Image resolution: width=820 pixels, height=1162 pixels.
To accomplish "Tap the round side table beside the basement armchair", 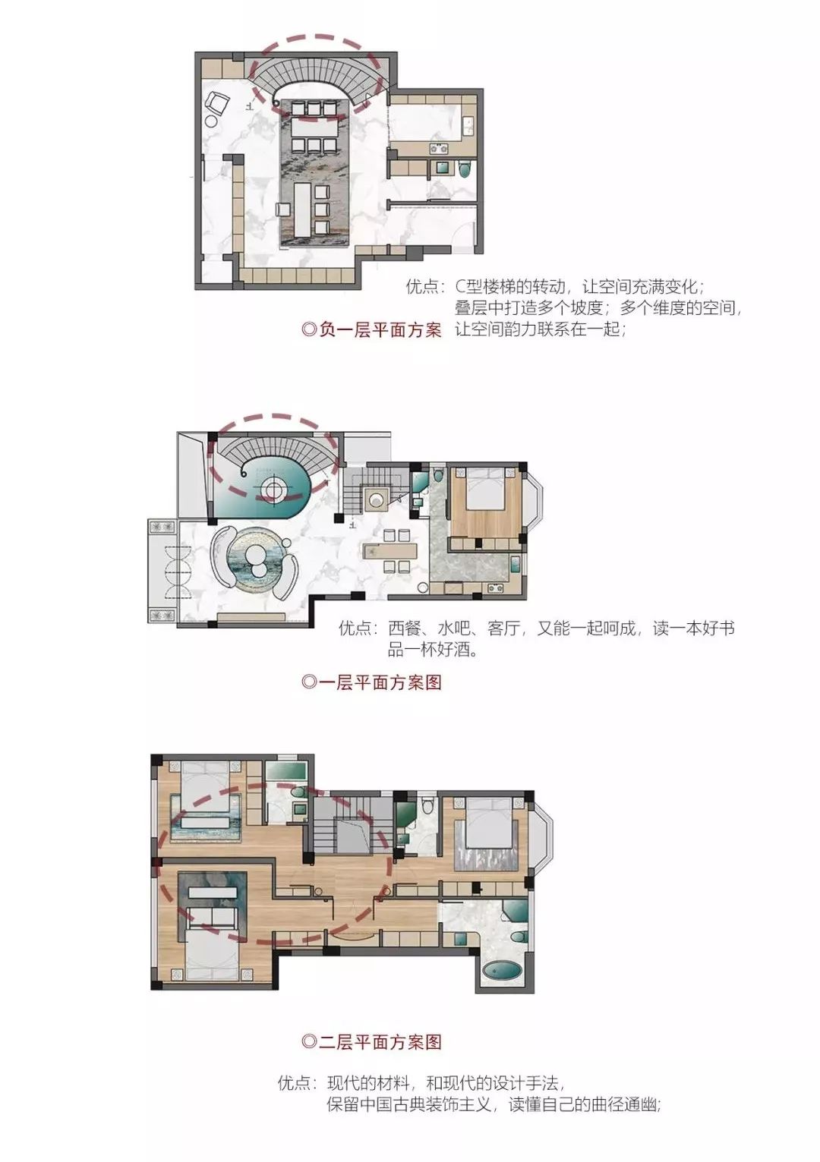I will [211, 120].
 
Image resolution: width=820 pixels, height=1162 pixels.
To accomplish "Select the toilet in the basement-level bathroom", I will [465, 168].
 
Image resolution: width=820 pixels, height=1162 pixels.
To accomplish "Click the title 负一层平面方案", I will [372, 330].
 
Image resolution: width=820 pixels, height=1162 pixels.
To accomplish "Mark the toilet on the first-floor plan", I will [438, 475].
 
